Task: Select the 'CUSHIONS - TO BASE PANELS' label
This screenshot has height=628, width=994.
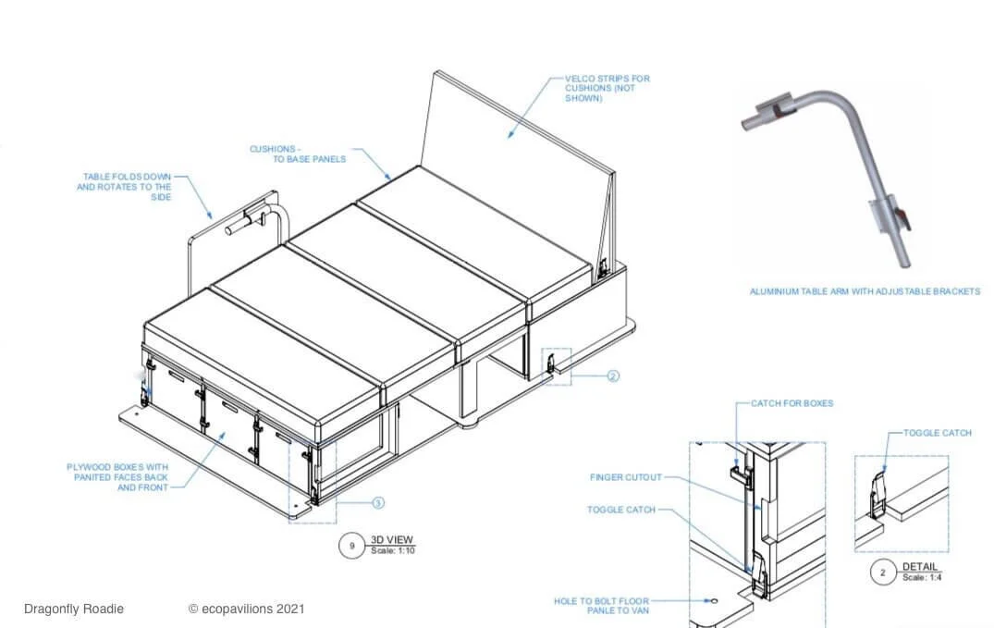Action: (298, 154)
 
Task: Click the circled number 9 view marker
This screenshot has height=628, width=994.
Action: (351, 546)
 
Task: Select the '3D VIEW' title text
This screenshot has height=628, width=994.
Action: (391, 539)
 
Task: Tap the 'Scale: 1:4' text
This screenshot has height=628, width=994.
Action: (922, 577)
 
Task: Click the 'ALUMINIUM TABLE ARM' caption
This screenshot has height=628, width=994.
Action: (864, 291)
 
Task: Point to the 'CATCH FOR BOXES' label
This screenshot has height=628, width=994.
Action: (792, 403)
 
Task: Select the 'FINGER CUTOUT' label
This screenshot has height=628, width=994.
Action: (626, 477)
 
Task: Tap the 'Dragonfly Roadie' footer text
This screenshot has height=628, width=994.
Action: (73, 609)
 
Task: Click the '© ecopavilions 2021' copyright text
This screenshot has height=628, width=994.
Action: (246, 609)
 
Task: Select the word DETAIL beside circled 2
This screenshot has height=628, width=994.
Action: (919, 566)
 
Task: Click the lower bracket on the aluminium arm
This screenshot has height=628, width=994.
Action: (886, 212)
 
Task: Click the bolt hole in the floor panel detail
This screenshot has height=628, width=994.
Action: (713, 602)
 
